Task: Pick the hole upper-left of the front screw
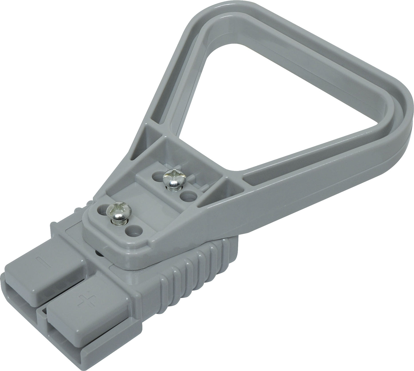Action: click(x=101, y=208)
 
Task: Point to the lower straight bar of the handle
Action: click(x=301, y=183)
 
